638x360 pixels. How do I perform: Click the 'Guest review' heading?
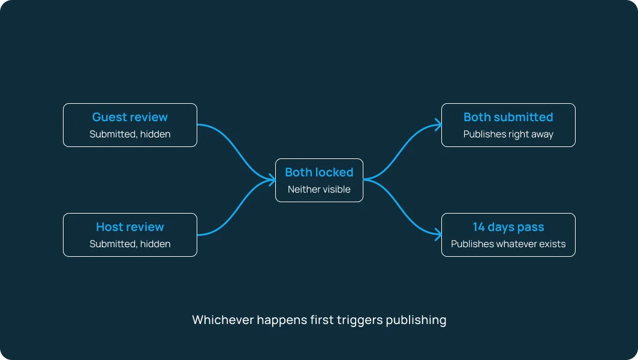[130, 117]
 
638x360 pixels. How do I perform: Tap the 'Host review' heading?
[130, 227]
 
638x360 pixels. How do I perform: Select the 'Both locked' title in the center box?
[319, 172]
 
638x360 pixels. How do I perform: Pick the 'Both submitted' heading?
[508, 117]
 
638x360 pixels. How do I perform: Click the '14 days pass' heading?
[508, 227]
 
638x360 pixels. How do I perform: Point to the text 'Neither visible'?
[319, 190]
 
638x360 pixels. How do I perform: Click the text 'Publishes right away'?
[508, 134]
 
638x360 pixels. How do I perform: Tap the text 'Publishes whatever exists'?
[508, 244]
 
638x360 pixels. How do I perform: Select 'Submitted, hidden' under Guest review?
[130, 134]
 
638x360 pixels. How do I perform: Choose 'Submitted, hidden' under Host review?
[130, 244]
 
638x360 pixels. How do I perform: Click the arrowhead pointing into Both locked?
[273, 179]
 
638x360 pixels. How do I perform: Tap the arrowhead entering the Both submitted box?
[439, 125]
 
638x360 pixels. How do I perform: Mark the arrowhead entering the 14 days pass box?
[439, 234]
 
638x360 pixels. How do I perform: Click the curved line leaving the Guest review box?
[236, 152]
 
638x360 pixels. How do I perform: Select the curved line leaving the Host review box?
[236, 207]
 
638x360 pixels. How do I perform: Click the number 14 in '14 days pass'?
[478, 227]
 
